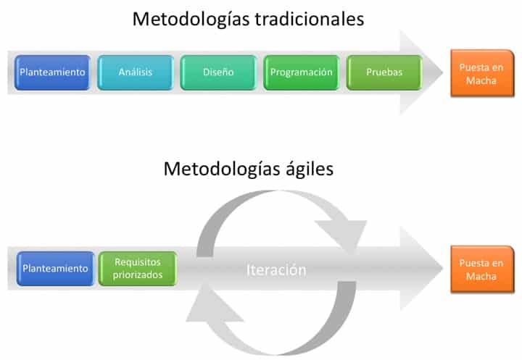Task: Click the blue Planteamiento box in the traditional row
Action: coord(53,72)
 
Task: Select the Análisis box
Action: coord(136,72)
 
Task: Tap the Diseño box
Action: coord(218,72)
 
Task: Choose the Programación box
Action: coord(302,72)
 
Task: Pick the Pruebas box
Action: coord(384,72)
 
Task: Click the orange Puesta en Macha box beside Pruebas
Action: coord(482,73)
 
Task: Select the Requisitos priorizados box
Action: coord(138,269)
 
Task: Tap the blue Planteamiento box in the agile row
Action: coord(55,269)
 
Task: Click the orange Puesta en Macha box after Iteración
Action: coord(482,269)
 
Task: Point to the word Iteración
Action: coord(276,270)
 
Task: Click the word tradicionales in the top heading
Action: coord(310,19)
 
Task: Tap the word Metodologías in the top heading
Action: coord(191,20)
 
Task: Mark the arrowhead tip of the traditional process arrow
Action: coord(443,72)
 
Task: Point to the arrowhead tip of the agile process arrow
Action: coord(443,269)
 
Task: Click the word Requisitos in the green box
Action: coord(138,262)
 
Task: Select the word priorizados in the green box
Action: coord(138,275)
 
